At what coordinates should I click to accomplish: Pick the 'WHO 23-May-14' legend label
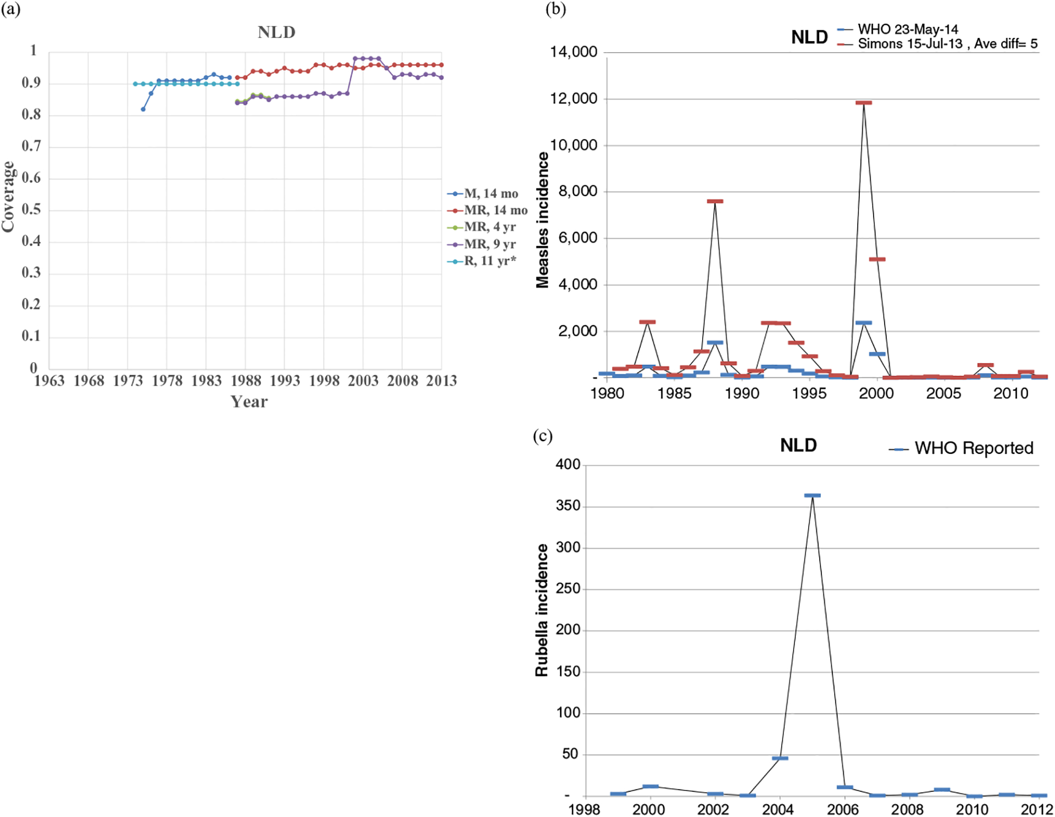point(908,30)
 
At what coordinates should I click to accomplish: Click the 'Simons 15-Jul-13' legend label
point(910,44)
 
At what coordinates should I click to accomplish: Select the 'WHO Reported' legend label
point(974,448)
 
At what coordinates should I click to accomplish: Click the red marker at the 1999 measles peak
point(863,103)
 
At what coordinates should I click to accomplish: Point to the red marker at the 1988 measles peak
point(715,202)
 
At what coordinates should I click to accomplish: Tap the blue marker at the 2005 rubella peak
point(812,496)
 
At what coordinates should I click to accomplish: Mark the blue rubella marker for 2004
point(780,758)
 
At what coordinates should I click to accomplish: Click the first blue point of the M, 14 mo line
point(143,109)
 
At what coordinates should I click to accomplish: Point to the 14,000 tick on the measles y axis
point(573,52)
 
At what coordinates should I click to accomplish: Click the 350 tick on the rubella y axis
point(568,506)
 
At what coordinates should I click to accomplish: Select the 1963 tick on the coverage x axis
point(49,381)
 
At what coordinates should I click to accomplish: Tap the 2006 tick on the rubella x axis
point(842,809)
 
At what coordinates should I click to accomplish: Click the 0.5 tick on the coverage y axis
point(31,210)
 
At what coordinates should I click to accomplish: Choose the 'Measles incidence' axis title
point(542,220)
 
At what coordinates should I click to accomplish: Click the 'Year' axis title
point(249,402)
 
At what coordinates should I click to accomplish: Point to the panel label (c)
point(542,436)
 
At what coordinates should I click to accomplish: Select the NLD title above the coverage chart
point(276,32)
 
